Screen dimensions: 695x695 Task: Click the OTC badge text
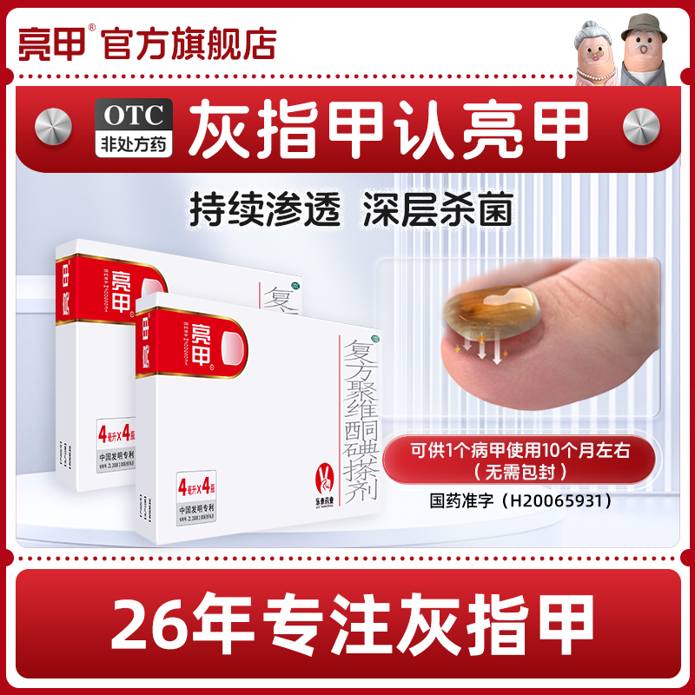[134, 114]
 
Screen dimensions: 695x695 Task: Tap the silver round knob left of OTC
[55, 128]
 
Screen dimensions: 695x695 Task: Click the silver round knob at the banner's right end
[643, 128]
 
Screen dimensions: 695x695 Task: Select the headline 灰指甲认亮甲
[389, 128]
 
